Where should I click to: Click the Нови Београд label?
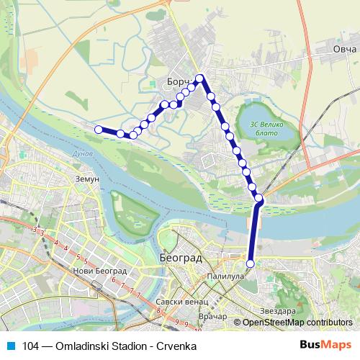coord(100,271)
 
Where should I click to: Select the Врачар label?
coord(212,317)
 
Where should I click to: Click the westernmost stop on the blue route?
coord(99,129)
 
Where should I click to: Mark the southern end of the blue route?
coord(251,264)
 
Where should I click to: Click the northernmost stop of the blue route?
coord(201,78)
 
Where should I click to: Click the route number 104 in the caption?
coord(32,345)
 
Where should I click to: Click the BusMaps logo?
coord(325,344)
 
